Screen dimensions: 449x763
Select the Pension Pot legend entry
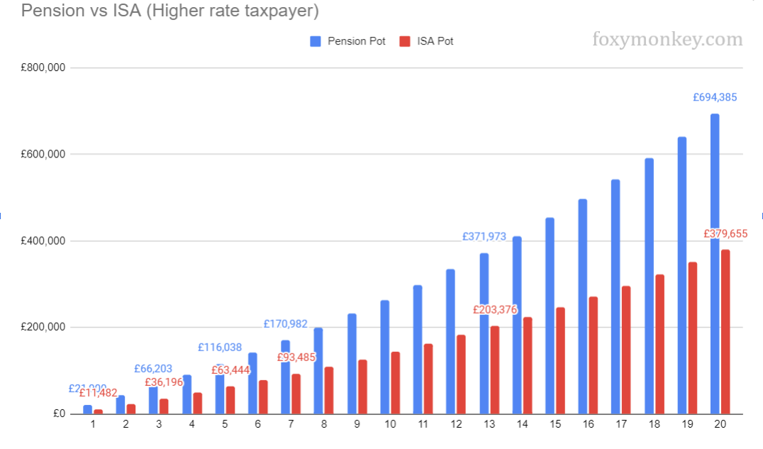(x=348, y=41)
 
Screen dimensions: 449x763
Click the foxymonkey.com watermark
(x=667, y=40)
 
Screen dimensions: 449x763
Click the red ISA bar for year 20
(x=725, y=331)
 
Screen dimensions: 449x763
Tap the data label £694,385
(x=715, y=98)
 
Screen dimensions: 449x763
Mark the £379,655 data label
(x=725, y=233)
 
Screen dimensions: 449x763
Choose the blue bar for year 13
(x=484, y=333)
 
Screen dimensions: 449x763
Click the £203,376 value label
(x=495, y=309)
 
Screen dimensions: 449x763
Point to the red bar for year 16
(x=594, y=355)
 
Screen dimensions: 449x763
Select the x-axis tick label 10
(x=390, y=424)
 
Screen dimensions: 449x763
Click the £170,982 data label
(x=286, y=324)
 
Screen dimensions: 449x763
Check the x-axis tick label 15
(x=555, y=424)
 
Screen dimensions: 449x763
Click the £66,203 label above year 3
(x=153, y=369)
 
